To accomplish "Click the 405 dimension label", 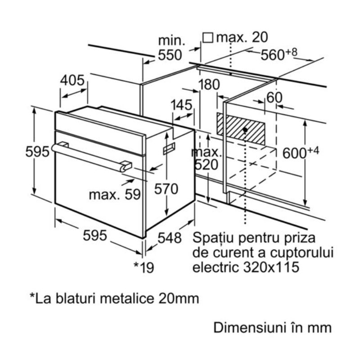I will (x=72, y=80).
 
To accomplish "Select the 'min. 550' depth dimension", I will (x=170, y=48).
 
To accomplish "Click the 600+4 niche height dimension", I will (x=301, y=152).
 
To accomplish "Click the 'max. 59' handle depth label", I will (x=115, y=195).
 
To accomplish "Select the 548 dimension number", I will (x=169, y=237).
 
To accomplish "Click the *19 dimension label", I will (x=144, y=268).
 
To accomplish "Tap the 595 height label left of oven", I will (x=37, y=152).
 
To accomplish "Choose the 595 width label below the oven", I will (x=94, y=234).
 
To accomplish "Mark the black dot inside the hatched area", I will (x=245, y=130).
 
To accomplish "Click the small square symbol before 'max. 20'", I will (x=207, y=37).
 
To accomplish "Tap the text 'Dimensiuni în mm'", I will (x=272, y=327).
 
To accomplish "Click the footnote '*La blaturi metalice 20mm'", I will (x=114, y=298).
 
